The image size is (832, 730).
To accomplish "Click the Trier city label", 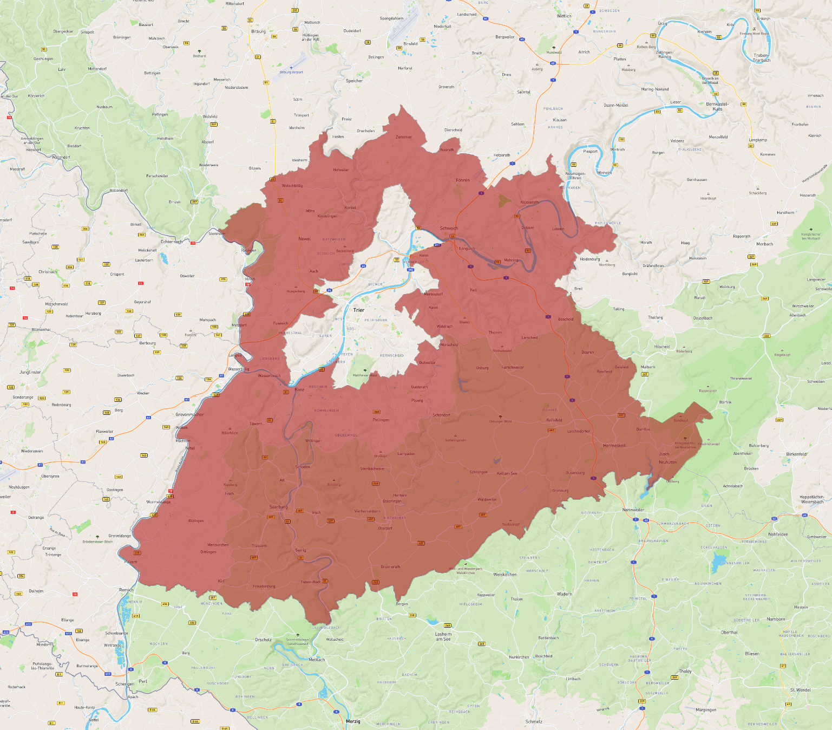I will tap(359, 310).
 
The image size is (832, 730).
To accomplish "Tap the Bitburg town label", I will tap(259, 31).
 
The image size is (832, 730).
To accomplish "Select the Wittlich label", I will tap(564, 16).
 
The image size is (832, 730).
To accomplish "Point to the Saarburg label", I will tap(279, 507).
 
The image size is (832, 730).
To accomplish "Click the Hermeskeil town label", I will tap(614, 446).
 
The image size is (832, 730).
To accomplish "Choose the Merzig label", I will tap(353, 721).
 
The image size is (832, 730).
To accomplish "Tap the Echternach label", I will tap(172, 242).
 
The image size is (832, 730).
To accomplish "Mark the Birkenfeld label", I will tap(796, 454).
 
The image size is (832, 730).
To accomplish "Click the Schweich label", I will tap(449, 228).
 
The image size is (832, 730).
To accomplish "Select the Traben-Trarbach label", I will tap(761, 58).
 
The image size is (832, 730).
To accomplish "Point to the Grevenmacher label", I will tap(190, 414).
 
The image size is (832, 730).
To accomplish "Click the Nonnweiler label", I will tap(633, 510).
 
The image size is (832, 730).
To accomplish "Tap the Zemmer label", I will tap(404, 137).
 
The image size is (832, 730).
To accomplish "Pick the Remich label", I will tap(126, 590).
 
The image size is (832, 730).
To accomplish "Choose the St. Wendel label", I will tap(801, 690).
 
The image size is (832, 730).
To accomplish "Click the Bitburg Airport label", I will tap(291, 72).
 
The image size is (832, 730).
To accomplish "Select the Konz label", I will tap(299, 389).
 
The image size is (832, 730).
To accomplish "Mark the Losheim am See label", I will tap(443, 636).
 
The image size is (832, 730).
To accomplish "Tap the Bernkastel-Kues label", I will tap(717, 106).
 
